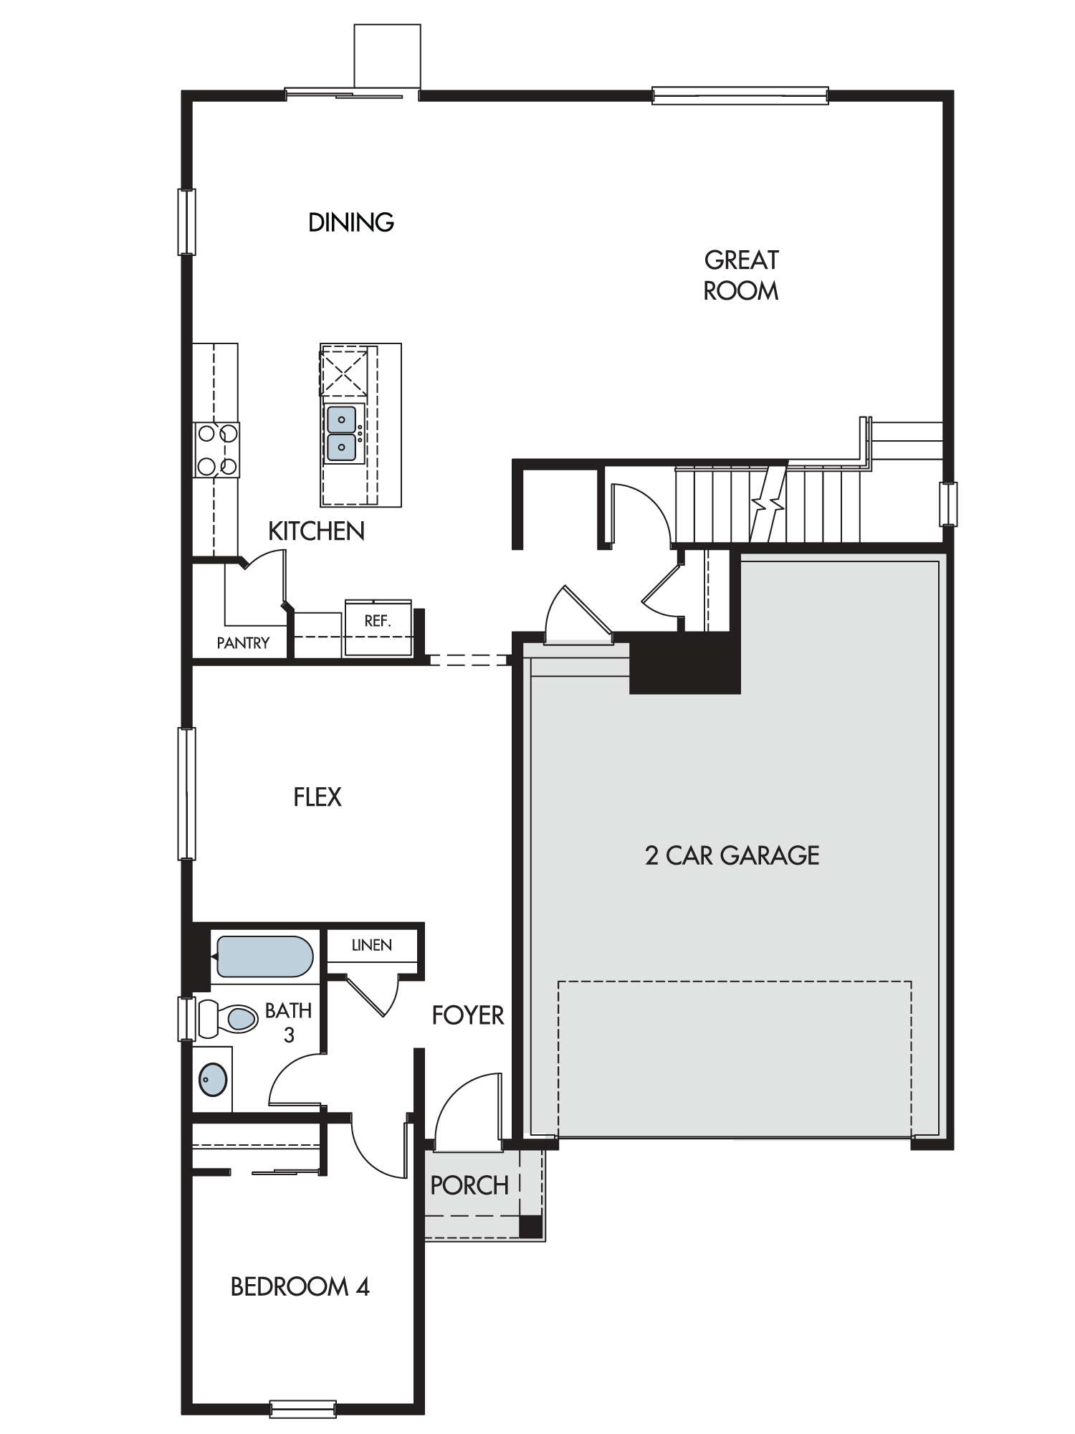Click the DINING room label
[351, 222]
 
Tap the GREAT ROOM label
[741, 275]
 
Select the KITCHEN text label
[316, 531]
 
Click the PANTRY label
[243, 643]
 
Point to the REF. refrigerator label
[377, 621]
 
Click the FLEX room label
[317, 797]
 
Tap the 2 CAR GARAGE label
[732, 855]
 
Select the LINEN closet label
[372, 945]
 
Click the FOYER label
[468, 1015]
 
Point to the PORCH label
[469, 1186]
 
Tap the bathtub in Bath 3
[264, 957]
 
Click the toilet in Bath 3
[228, 1018]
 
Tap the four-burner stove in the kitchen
[216, 450]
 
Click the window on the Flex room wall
[186, 793]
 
